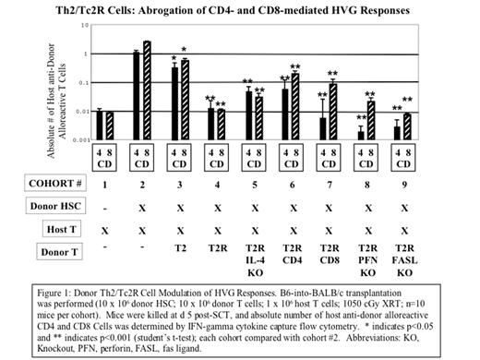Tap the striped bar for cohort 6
[x=295, y=106]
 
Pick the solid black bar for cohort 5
[x=249, y=114]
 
